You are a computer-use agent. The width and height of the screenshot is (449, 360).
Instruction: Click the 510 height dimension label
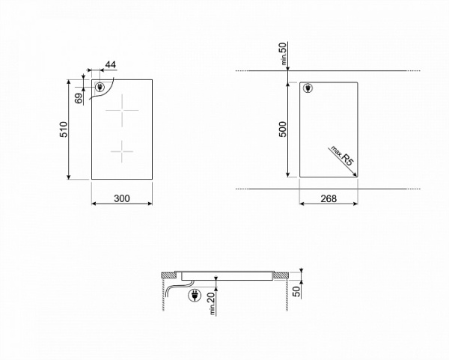click(64, 129)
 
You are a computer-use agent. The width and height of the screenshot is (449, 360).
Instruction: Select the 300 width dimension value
click(122, 198)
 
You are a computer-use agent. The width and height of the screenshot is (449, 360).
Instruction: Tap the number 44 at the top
click(111, 64)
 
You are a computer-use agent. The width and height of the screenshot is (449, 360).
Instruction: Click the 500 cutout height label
click(283, 129)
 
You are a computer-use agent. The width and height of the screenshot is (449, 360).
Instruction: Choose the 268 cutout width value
click(329, 198)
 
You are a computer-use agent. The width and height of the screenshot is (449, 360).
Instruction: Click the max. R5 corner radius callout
click(343, 156)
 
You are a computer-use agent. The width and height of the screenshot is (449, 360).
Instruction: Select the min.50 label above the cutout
click(283, 54)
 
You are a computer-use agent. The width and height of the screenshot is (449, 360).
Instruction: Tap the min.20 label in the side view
click(212, 303)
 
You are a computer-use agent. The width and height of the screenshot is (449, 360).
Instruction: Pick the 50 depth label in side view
click(296, 292)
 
